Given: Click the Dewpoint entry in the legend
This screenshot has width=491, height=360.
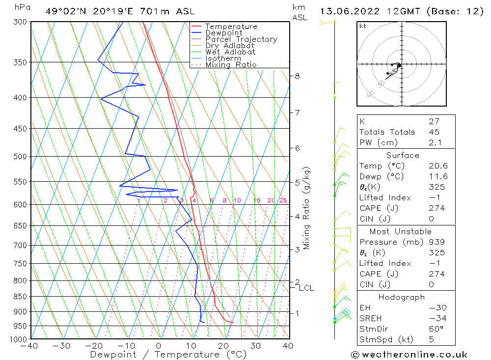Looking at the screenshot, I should click(x=223, y=33).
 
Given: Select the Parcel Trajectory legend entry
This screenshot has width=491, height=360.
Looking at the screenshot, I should click(x=241, y=39).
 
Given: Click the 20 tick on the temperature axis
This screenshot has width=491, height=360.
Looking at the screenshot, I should click(x=223, y=346).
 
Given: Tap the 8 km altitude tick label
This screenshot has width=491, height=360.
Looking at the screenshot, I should click(x=297, y=76).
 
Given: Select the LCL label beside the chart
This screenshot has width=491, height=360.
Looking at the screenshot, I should click(x=306, y=288).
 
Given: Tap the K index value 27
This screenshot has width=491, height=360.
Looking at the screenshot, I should click(x=434, y=121).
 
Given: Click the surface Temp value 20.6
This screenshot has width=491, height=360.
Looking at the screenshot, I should click(x=438, y=166).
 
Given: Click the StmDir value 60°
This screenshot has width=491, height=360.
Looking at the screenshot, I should click(x=436, y=329).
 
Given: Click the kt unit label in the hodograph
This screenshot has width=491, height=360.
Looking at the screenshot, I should click(x=362, y=26).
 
